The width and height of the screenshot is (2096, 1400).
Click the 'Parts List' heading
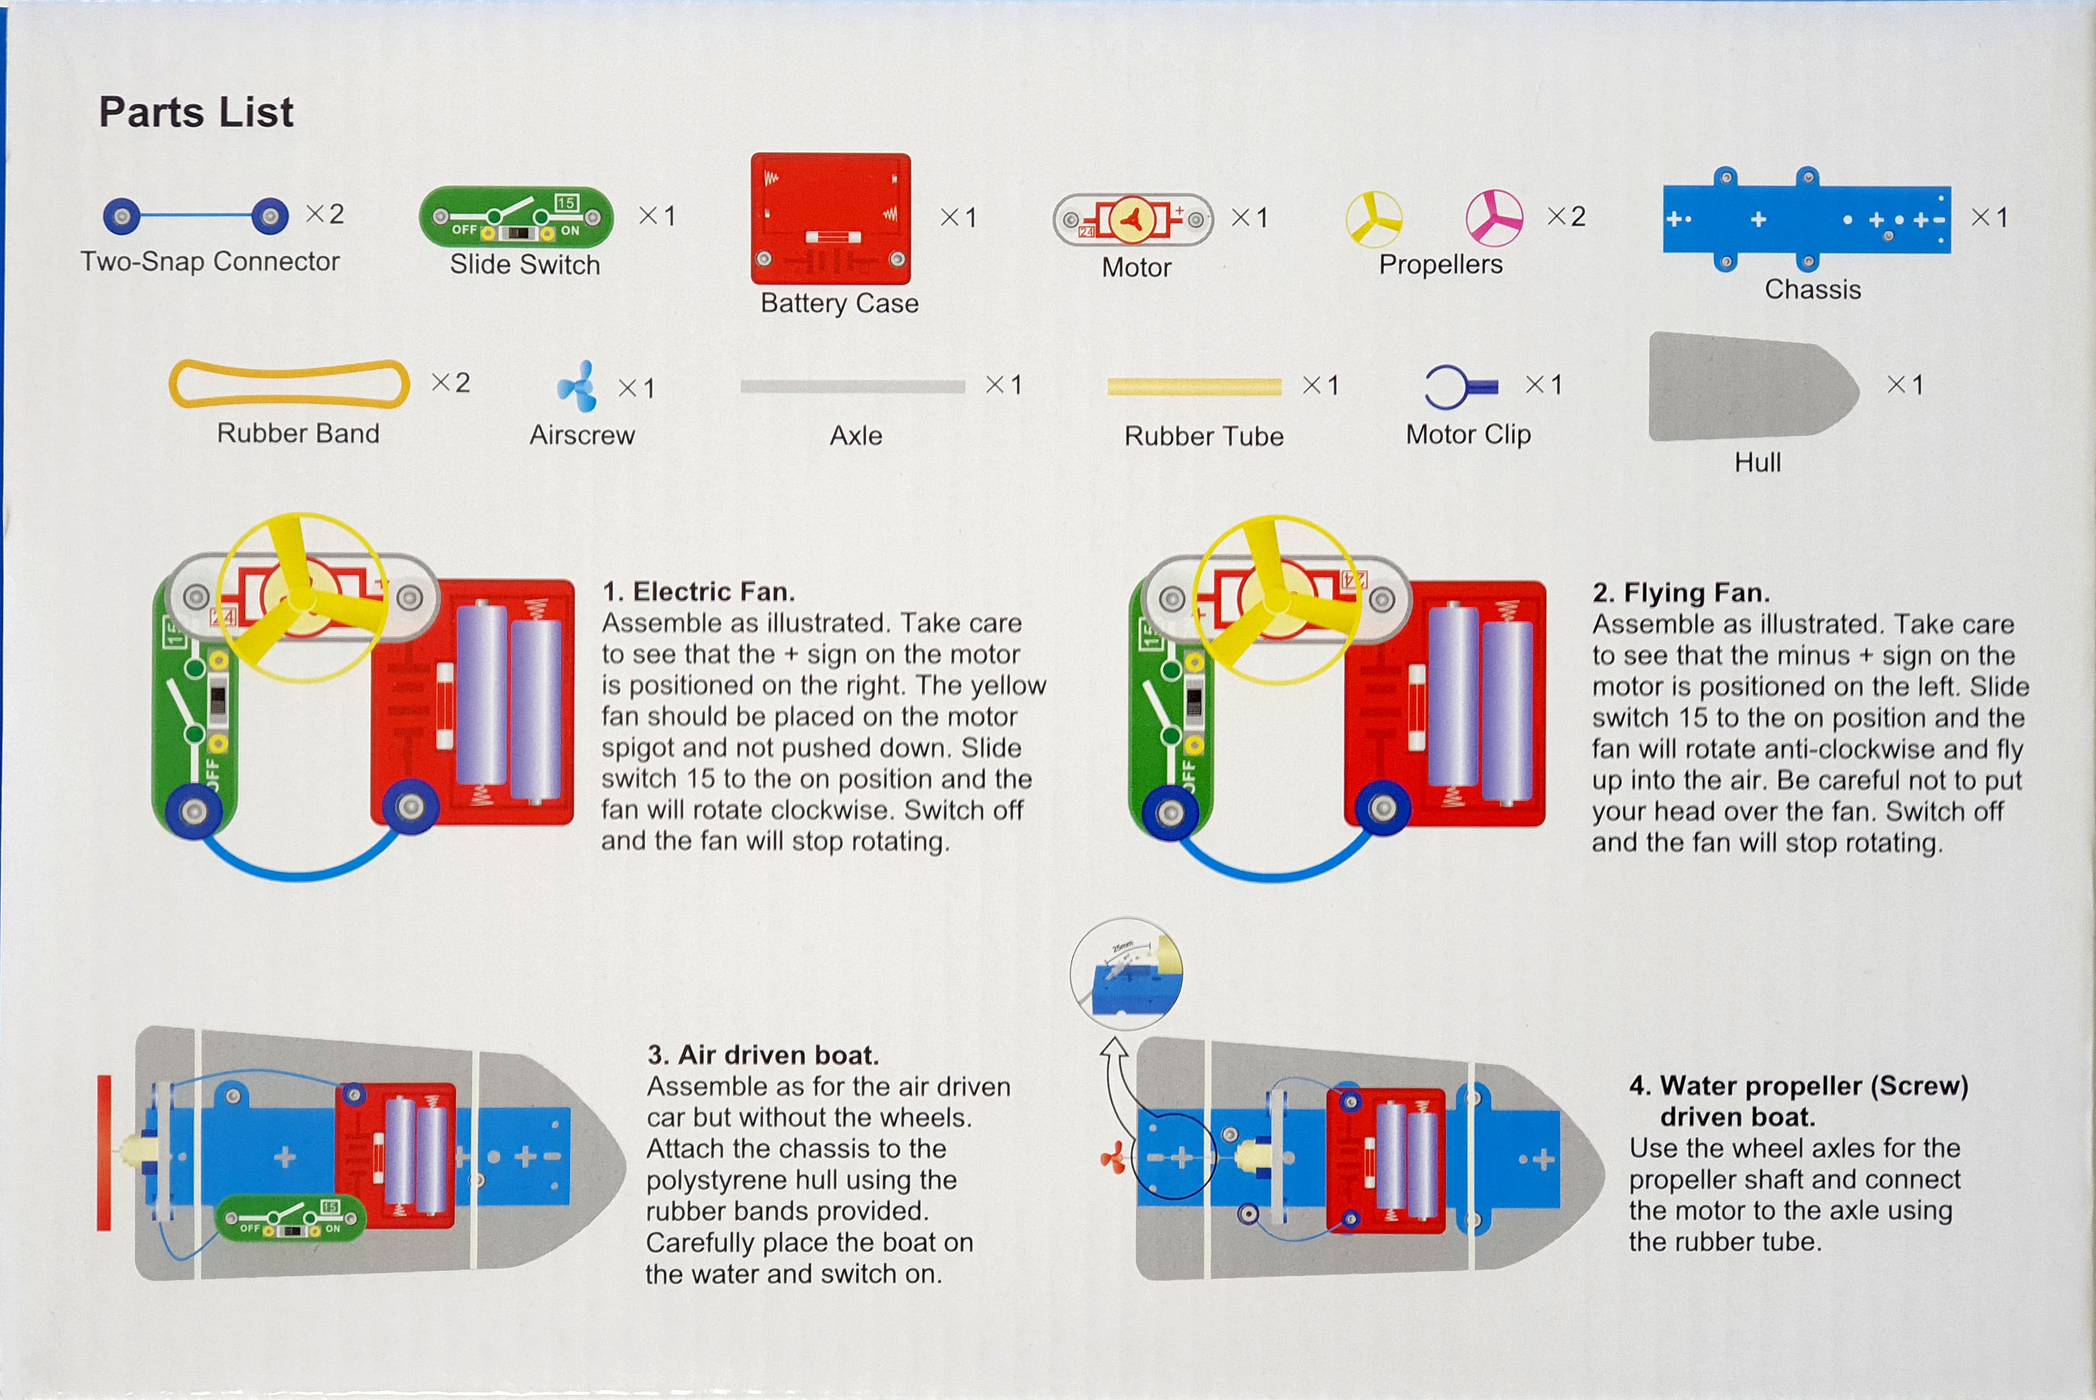[195, 112]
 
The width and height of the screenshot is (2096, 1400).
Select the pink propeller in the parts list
[1493, 218]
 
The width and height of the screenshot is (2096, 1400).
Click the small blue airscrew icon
[577, 387]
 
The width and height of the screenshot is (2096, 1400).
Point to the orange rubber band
[288, 383]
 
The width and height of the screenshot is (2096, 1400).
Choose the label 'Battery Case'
[838, 304]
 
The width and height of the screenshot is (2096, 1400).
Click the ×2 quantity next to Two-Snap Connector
[325, 214]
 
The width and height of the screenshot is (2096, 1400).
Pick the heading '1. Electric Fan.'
[698, 591]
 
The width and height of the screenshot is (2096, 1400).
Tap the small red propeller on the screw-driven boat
[1113, 1160]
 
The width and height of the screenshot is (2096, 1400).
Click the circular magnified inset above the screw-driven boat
[1126, 974]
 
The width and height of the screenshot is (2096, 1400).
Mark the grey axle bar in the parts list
[852, 387]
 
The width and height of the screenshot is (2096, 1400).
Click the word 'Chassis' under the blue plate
[1812, 289]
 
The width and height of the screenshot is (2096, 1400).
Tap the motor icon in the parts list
[1132, 219]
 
